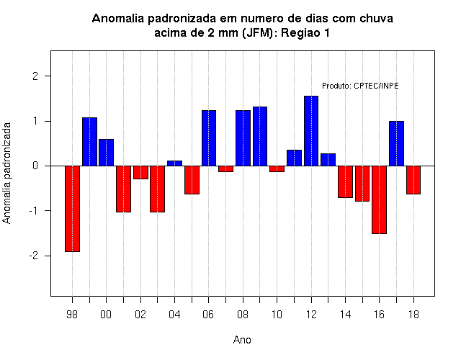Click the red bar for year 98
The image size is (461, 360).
click(x=72, y=209)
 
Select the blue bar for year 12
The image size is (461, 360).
click(x=311, y=131)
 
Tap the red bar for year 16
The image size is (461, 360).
click(x=380, y=199)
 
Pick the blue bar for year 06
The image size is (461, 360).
click(x=209, y=138)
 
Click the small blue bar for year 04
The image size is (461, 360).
click(x=174, y=163)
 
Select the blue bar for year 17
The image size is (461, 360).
click(x=396, y=143)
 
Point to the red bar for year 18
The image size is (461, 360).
click(x=413, y=180)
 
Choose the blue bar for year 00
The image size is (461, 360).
click(x=106, y=153)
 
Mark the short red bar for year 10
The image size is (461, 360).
click(x=277, y=168)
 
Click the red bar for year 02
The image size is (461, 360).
click(x=140, y=172)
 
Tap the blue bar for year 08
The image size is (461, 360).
click(x=243, y=138)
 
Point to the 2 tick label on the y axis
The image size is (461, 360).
click(x=35, y=76)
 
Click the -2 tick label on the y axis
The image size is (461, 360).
click(x=34, y=256)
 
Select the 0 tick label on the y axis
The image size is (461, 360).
click(x=35, y=166)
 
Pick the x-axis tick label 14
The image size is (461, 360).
click(x=346, y=315)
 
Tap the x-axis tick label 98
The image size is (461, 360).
click(x=72, y=315)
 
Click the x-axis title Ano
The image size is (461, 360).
click(x=242, y=340)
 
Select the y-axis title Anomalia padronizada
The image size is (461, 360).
click(x=6, y=173)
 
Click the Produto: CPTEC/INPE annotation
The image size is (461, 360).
click(x=360, y=86)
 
